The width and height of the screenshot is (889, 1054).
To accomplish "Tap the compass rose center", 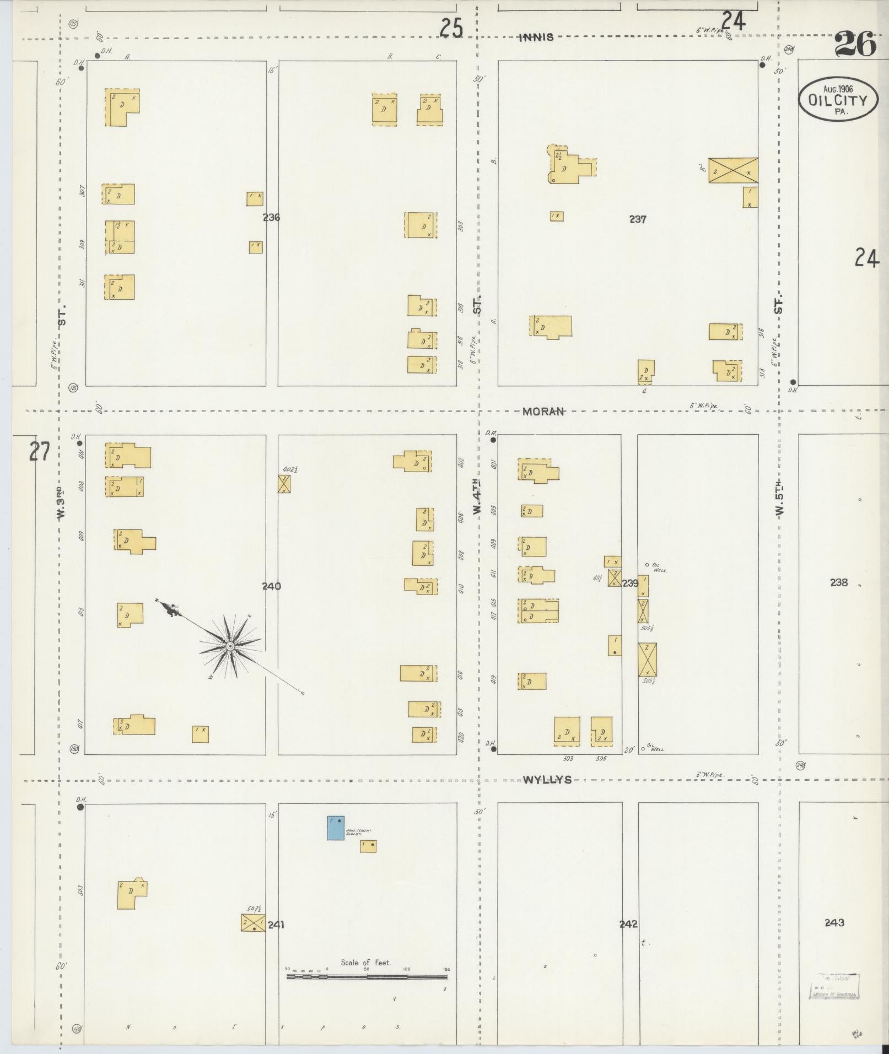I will point(230,645).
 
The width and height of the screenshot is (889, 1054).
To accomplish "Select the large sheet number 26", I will point(855,45).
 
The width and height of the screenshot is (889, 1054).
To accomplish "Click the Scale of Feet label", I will point(365,963).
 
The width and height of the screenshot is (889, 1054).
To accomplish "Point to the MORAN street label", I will point(543,412).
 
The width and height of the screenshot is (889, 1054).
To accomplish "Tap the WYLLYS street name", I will point(547,780).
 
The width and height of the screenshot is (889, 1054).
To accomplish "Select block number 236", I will point(271,218).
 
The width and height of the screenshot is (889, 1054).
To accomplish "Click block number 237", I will point(638,219).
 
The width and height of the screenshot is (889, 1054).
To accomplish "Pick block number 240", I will point(271,586).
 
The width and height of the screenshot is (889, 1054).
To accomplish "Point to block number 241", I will point(276,925).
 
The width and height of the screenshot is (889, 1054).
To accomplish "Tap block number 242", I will point(628,924).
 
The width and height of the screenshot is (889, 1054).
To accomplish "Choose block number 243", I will point(834,922).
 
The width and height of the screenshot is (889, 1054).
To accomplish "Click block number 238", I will point(838,582).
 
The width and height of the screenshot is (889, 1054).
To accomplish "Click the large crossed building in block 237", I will point(732,170).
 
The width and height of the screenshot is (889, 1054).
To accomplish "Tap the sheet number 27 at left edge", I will point(39,452).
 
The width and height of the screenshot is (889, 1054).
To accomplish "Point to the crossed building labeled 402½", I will point(284,484).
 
